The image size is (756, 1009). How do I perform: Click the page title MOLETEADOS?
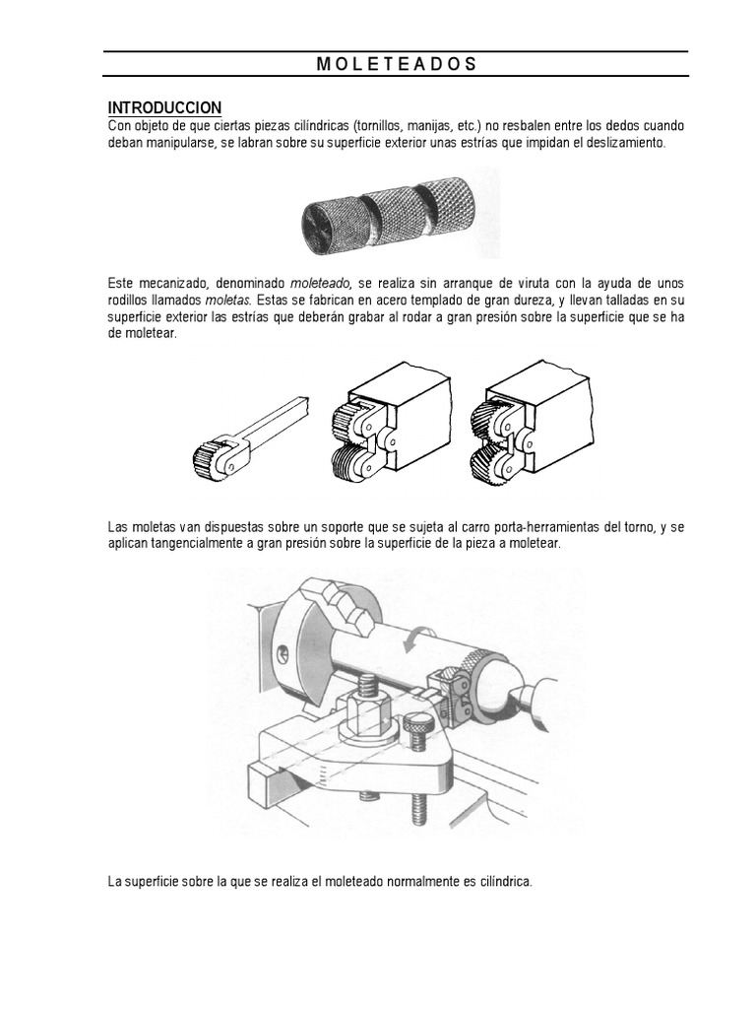(x=397, y=64)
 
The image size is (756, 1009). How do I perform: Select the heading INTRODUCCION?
(x=164, y=107)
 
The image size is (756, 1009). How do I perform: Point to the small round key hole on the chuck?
(x=282, y=651)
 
